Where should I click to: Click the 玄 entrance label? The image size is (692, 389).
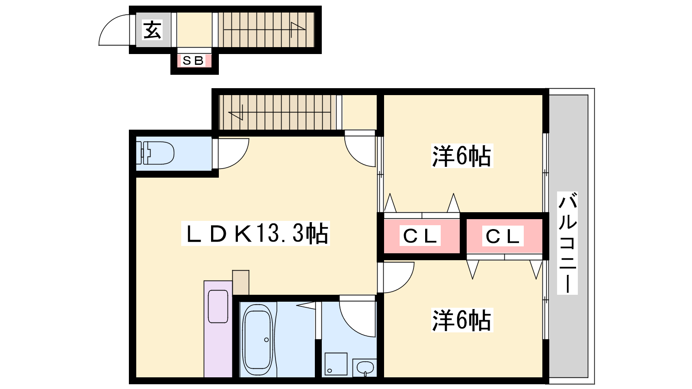pos(152,30)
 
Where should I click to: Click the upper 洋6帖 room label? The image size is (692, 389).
pos(461,156)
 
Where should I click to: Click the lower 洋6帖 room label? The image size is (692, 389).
pos(461,320)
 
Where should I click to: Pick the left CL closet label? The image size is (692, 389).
pos(420,236)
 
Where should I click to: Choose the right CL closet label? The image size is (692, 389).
pos(503,236)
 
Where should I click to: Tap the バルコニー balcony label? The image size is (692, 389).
pos(567,242)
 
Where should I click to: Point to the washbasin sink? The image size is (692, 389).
pos(365,368)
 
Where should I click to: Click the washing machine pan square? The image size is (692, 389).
pos(336,364)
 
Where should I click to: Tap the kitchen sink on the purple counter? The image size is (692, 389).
pos(218,306)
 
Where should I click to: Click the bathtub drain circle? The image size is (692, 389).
pos(266,340)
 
